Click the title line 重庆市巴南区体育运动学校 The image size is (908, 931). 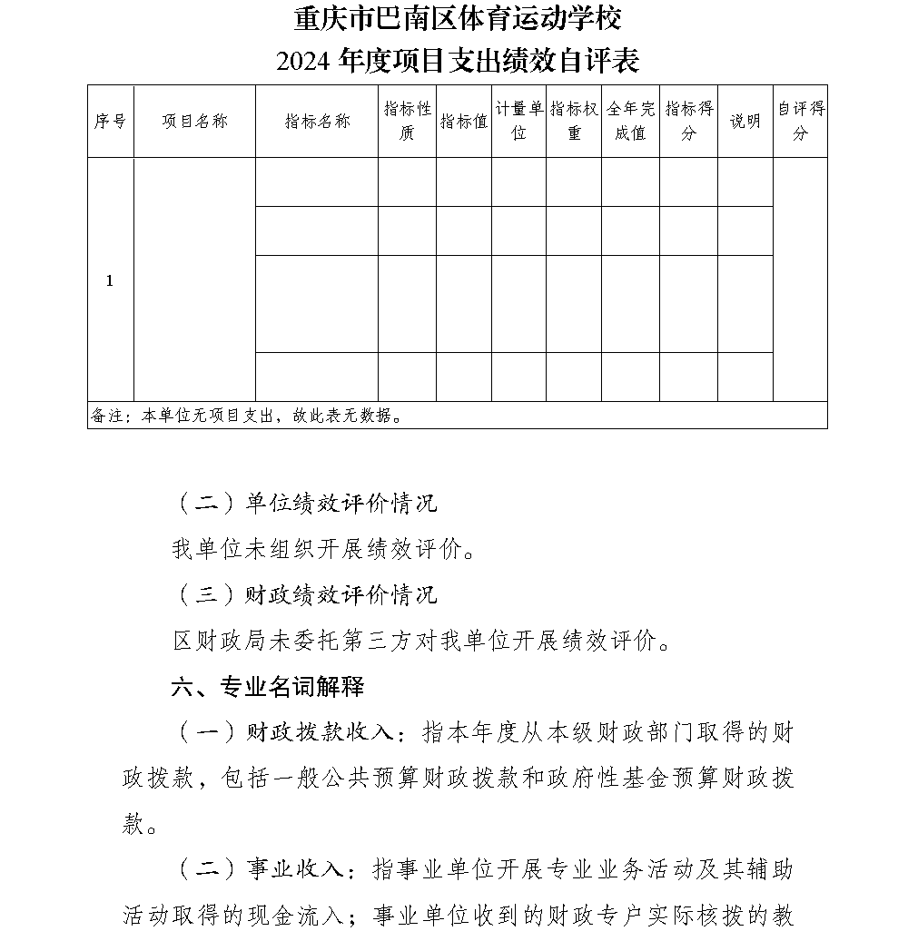click(458, 18)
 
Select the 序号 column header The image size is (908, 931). click(110, 121)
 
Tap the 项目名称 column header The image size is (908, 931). click(194, 121)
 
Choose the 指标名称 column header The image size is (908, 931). click(317, 121)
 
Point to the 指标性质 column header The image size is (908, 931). click(407, 121)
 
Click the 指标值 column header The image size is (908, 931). click(464, 121)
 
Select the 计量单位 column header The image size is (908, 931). click(519, 121)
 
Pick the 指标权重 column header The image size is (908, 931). click(574, 121)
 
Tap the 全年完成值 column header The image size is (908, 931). click(630, 121)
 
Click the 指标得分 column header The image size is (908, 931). click(688, 121)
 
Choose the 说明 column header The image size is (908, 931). click(745, 121)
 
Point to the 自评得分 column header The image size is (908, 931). click(800, 121)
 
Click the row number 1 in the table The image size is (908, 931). click(110, 280)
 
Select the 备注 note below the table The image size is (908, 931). click(246, 416)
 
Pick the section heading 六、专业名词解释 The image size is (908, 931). click(267, 687)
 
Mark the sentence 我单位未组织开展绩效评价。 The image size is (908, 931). click(323, 549)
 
